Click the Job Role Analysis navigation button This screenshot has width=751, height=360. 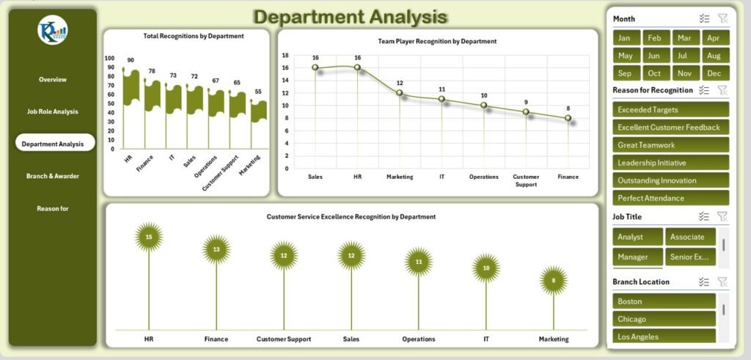pos(52,111)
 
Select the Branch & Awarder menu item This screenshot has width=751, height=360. pos(52,176)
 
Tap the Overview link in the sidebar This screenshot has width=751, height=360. pos(52,79)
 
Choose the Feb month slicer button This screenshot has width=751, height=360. pos(654,38)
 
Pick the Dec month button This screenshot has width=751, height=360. pos(716,73)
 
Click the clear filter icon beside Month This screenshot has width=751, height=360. pos(722,19)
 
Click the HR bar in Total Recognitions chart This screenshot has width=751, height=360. pos(131,88)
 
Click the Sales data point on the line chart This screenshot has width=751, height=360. pos(315,67)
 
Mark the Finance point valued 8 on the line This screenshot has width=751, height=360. pos(568,117)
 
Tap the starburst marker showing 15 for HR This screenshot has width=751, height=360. pos(149,237)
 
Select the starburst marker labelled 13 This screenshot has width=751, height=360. pos(216,249)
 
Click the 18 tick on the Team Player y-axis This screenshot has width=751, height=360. pos(285,55)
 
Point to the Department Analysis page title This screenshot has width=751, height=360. pos(350,17)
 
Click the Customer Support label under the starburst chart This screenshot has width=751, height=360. pos(284,339)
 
